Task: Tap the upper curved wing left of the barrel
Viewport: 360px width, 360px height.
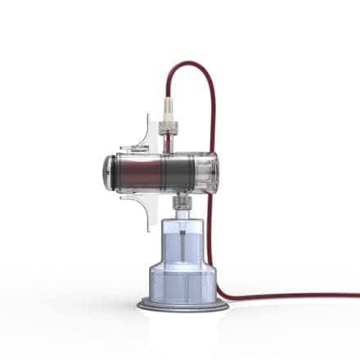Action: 145,131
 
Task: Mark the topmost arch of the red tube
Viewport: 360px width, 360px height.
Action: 193,62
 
